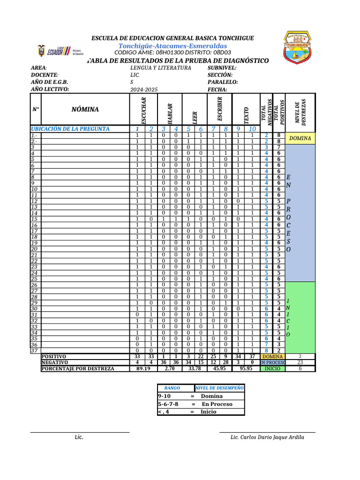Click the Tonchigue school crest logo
tap(303, 48)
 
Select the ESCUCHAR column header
tap(143, 109)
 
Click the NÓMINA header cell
tap(85, 109)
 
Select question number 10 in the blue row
tap(252, 129)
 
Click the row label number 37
tap(34, 350)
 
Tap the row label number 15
tap(34, 219)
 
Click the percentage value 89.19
tap(143, 368)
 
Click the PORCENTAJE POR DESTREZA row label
tap(78, 368)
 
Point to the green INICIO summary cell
tap(272, 368)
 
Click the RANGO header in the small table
tap(172, 388)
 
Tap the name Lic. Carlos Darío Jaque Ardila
tap(267, 437)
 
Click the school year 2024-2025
tap(144, 89)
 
